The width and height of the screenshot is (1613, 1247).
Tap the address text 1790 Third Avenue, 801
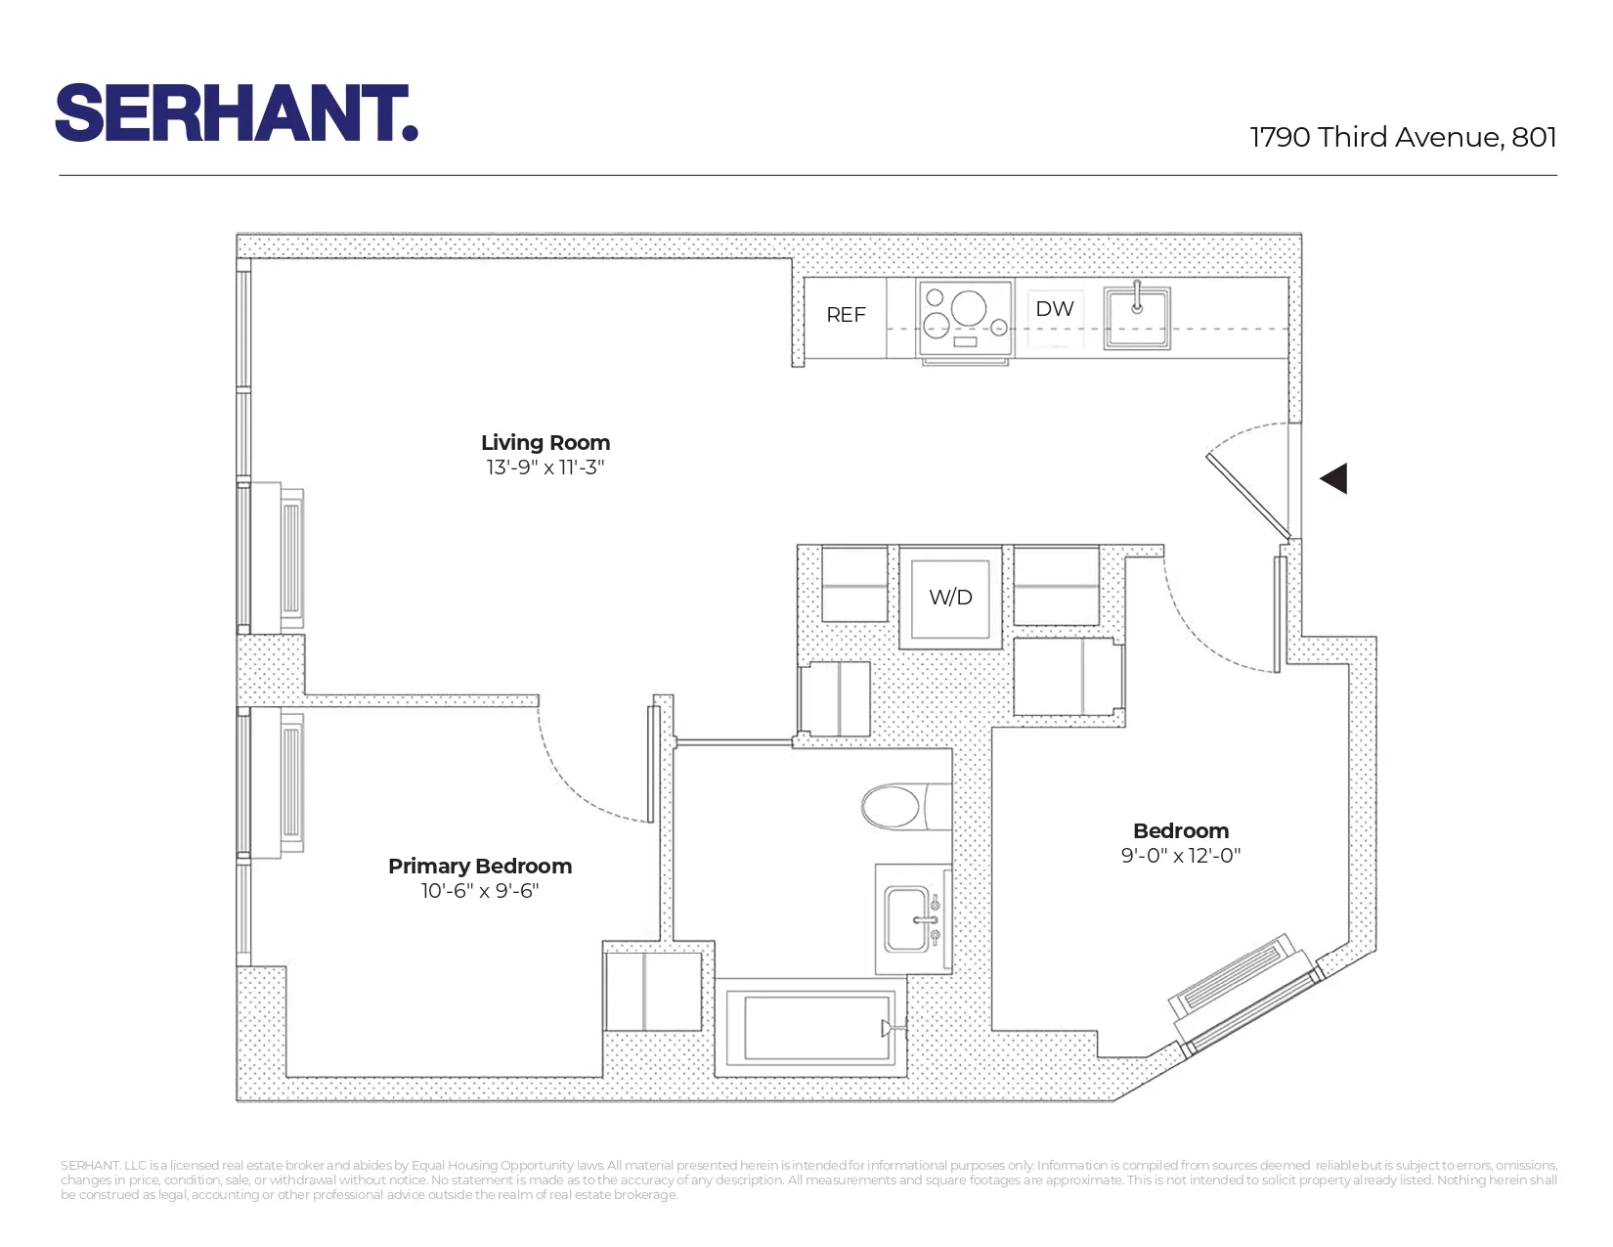(x=1403, y=137)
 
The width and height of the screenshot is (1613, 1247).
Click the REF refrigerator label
(x=846, y=315)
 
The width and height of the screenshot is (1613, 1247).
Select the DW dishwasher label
(x=1055, y=309)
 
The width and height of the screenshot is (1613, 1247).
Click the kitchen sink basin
(x=1137, y=316)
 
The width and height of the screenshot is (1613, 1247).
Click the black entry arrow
(x=1334, y=478)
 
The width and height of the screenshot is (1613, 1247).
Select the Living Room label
(x=545, y=442)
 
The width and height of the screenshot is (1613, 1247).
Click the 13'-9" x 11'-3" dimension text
(x=545, y=468)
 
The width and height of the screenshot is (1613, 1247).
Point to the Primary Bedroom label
(x=480, y=866)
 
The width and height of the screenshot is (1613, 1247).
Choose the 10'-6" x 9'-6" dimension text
(x=480, y=891)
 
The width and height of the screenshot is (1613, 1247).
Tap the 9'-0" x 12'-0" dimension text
(x=1181, y=856)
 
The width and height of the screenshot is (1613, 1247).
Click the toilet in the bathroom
(x=894, y=807)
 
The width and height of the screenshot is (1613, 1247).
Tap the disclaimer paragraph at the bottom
(x=807, y=1180)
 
